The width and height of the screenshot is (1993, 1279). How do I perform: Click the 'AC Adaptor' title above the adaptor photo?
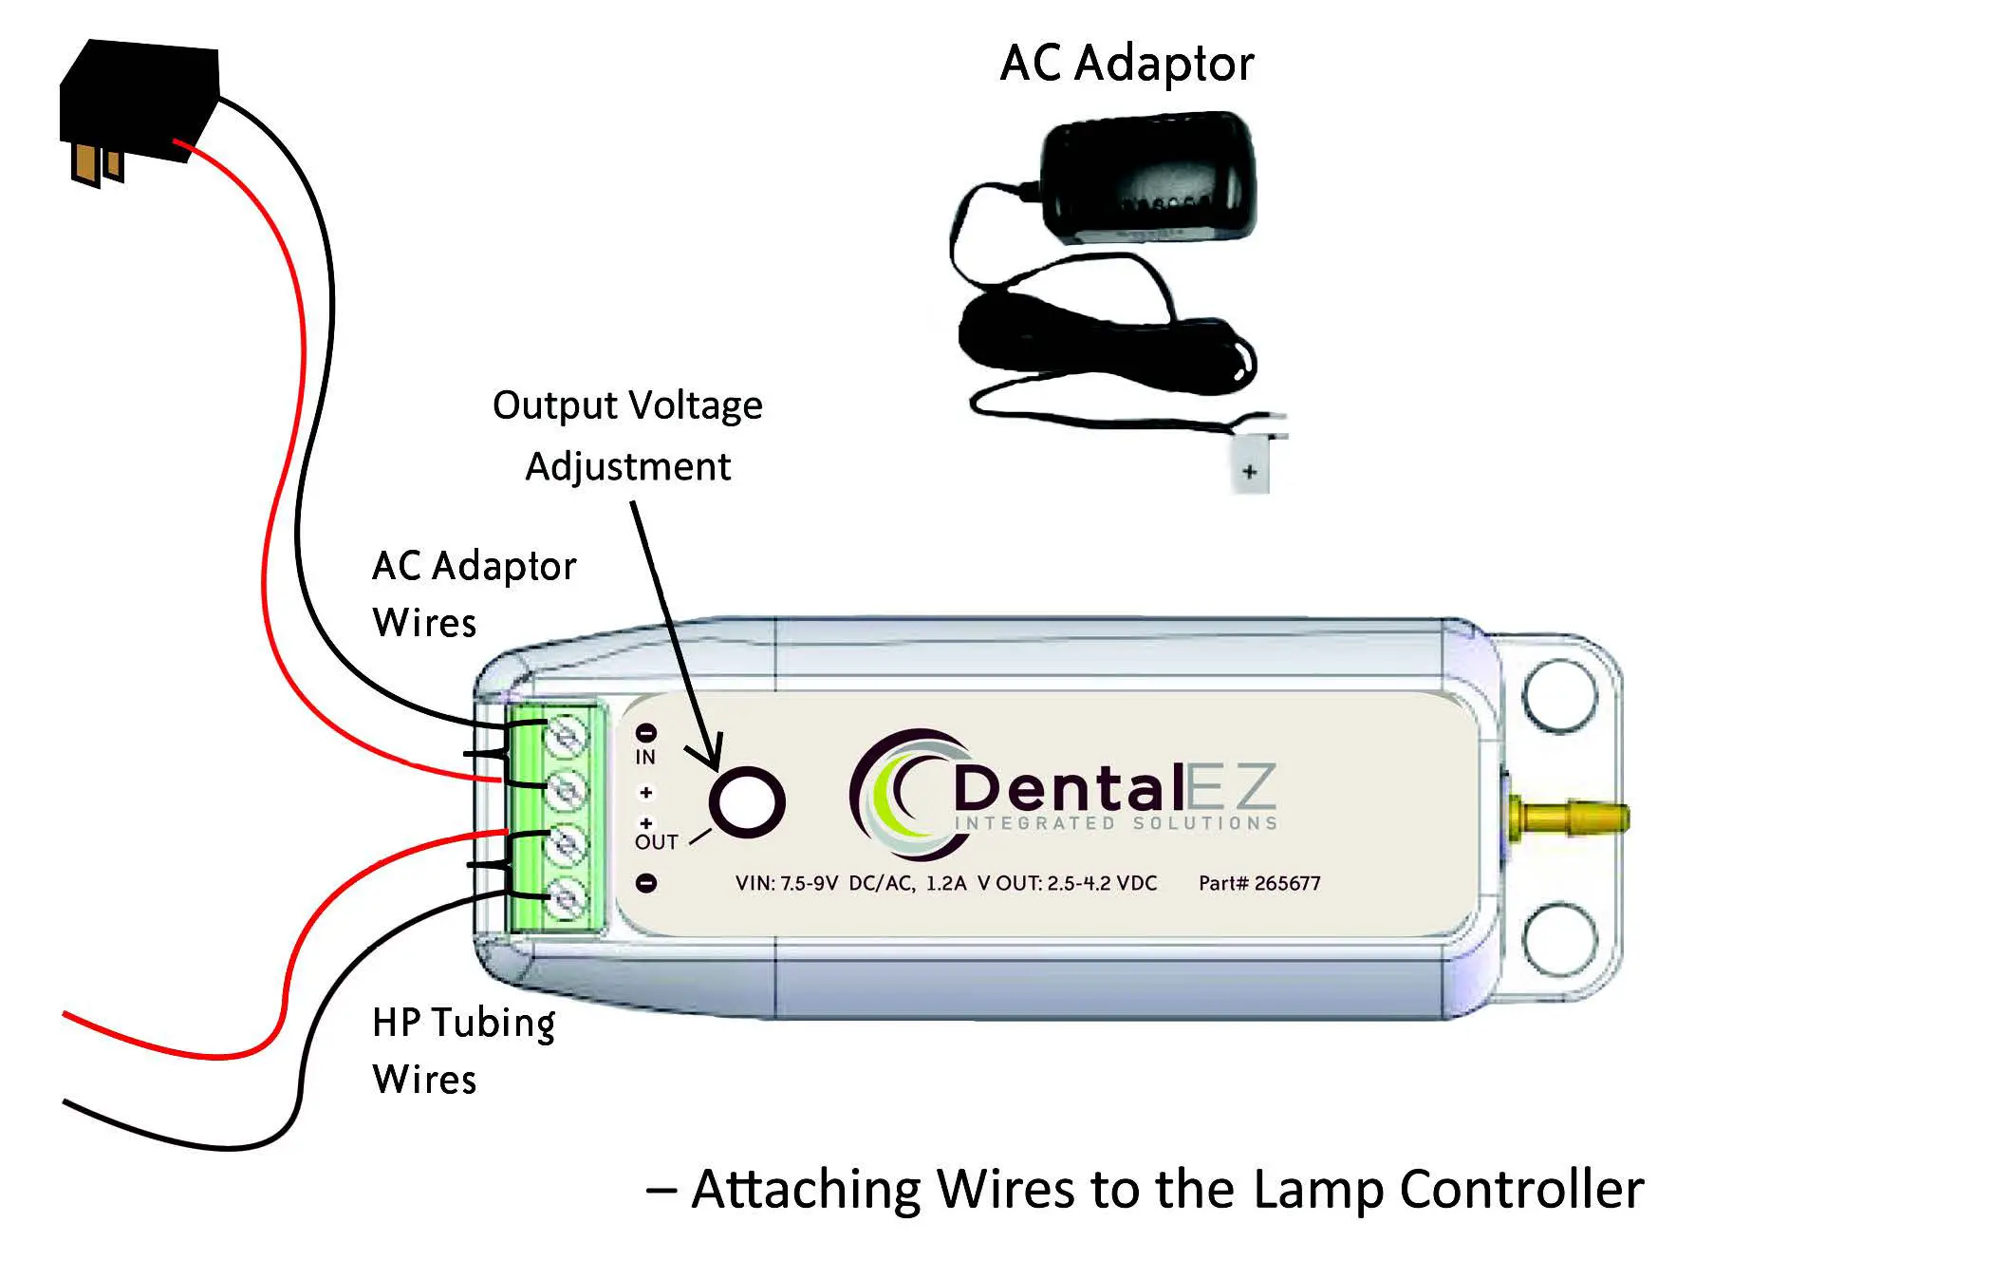(1127, 65)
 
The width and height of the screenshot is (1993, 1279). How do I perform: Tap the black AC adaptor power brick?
(1148, 176)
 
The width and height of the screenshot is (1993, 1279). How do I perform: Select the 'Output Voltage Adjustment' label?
(627, 436)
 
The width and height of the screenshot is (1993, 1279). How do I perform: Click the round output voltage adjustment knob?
(747, 801)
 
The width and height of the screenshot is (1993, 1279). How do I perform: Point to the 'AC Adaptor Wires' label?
(473, 594)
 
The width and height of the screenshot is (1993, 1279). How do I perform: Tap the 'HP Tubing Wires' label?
(463, 1050)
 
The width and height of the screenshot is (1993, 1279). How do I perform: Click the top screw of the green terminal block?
(567, 736)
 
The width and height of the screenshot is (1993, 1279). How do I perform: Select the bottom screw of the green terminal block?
(567, 897)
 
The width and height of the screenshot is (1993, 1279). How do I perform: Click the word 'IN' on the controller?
(645, 758)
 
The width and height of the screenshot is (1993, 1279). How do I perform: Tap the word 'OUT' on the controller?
(656, 842)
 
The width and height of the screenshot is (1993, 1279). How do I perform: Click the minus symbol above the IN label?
(645, 732)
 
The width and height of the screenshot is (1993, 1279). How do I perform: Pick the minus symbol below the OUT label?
(645, 883)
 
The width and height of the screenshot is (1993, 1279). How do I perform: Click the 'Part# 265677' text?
(1258, 883)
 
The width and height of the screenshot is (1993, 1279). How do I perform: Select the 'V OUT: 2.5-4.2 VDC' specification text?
(1067, 883)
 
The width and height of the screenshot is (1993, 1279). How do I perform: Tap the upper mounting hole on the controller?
(1559, 695)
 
